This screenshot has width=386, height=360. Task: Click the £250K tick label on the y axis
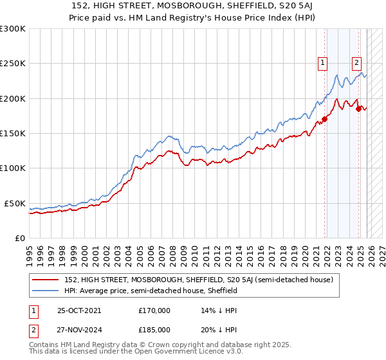pos(13,64)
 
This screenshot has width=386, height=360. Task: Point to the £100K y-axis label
pos(13,168)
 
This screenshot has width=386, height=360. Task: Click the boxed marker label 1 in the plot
pos(322,63)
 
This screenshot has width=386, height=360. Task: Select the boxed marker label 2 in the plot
pos(356,63)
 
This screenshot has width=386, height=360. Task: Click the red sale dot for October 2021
pos(325,119)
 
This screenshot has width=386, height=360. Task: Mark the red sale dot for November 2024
pos(359,109)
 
